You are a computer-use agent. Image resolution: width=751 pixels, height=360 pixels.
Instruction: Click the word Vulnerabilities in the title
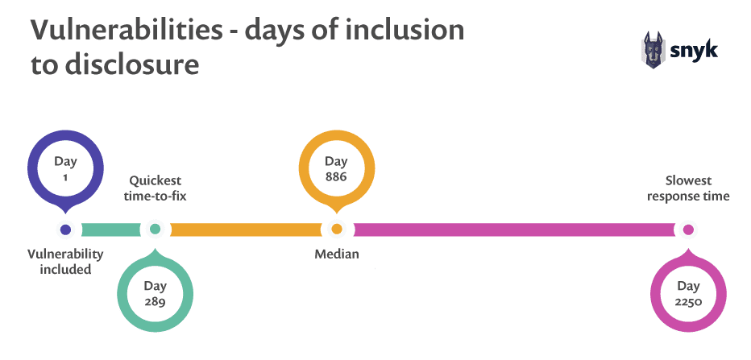tap(127, 30)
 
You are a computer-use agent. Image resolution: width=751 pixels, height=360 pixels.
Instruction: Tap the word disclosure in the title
tap(132, 64)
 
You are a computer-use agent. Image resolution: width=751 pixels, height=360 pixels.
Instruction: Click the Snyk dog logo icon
tap(653, 50)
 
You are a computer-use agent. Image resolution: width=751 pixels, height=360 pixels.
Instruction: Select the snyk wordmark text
tap(693, 50)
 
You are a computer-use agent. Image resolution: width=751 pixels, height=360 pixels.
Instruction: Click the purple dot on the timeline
tap(65, 230)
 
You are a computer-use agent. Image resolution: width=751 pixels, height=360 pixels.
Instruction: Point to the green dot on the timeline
tap(155, 230)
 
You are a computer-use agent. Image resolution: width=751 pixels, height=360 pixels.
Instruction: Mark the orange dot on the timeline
tap(337, 230)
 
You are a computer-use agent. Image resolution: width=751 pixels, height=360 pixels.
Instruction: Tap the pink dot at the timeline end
tap(688, 230)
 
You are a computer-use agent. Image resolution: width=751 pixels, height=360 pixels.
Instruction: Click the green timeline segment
tap(111, 230)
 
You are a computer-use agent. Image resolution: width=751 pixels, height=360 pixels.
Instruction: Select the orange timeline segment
tap(247, 230)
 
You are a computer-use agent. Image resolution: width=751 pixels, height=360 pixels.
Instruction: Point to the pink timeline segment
tap(514, 230)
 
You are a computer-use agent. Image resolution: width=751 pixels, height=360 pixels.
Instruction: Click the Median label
tap(337, 254)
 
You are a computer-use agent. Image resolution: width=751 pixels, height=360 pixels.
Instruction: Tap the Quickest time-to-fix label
tap(156, 188)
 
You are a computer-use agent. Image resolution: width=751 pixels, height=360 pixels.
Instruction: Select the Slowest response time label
tap(688, 188)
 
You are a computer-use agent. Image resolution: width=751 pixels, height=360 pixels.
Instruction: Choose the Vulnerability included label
tap(65, 262)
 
